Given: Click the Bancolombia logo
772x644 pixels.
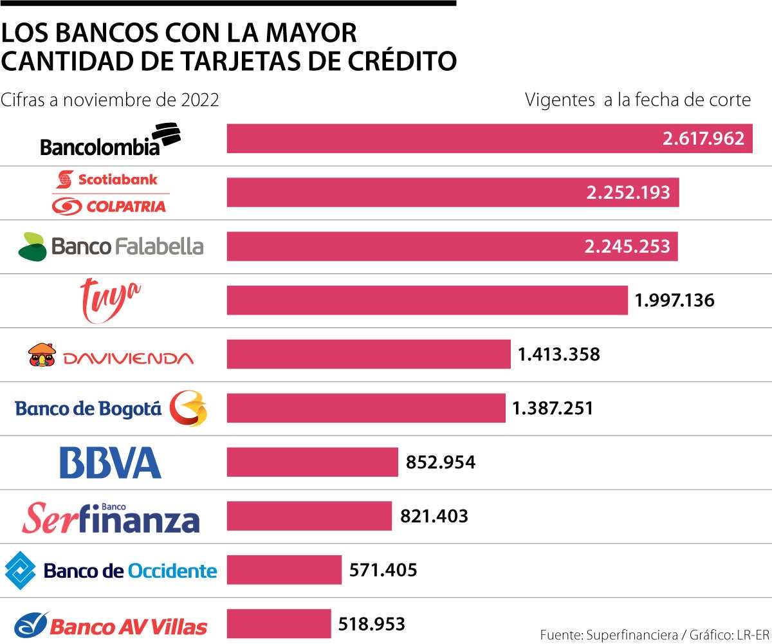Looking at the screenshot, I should pyautogui.click(x=110, y=140).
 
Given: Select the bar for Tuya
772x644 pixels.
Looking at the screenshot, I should pyautogui.click(x=427, y=300).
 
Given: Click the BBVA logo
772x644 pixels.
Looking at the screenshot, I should pyautogui.click(x=110, y=463).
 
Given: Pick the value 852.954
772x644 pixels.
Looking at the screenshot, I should pyautogui.click(x=441, y=462).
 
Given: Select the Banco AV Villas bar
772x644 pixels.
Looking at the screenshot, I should pyautogui.click(x=279, y=624).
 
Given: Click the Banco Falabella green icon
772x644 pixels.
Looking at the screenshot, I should pyautogui.click(x=32, y=246).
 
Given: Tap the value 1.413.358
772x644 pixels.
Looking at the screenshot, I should pyautogui.click(x=558, y=354).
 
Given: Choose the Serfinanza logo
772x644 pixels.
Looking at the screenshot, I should pyautogui.click(x=111, y=517).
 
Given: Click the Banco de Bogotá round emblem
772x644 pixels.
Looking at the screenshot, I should pyautogui.click(x=188, y=408).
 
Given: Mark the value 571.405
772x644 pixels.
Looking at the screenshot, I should pyautogui.click(x=383, y=570).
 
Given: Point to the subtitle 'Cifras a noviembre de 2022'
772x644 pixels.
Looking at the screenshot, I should pyautogui.click(x=110, y=100).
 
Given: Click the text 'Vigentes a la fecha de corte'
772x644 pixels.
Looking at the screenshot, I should pyautogui.click(x=638, y=100).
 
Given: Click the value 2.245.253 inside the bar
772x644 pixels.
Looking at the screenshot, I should pyautogui.click(x=627, y=246).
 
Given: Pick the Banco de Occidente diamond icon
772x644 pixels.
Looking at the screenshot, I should pyautogui.click(x=21, y=569).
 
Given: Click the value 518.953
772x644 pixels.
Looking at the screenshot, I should pyautogui.click(x=371, y=624).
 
